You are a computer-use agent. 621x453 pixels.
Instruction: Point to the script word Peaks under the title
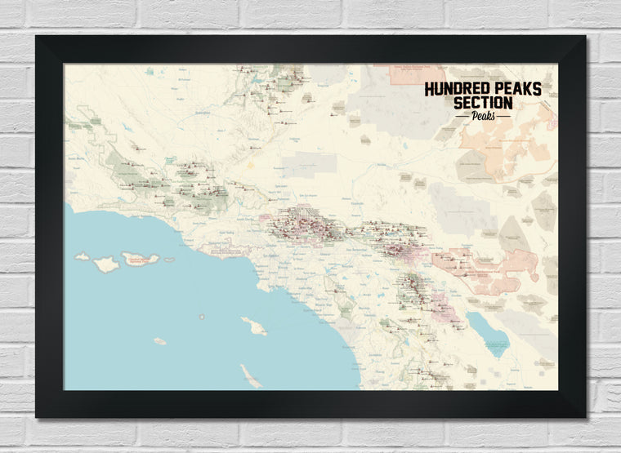tap(483, 115)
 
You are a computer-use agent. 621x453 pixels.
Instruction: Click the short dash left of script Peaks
tap(462, 116)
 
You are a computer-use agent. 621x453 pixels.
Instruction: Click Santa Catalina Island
tap(253, 326)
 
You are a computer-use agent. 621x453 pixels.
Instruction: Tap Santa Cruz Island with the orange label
tap(141, 260)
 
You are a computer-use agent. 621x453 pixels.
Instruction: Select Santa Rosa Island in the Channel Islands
tap(105, 264)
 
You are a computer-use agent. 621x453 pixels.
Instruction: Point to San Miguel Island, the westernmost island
tap(82, 256)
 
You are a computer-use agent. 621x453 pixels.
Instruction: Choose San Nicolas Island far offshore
tap(159, 341)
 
